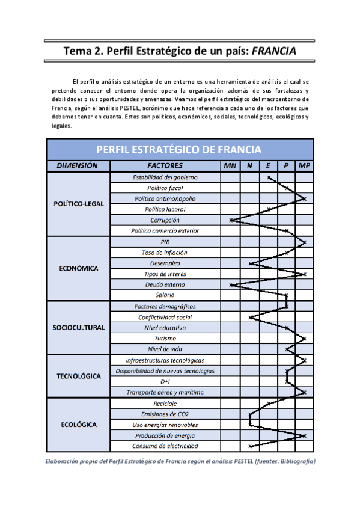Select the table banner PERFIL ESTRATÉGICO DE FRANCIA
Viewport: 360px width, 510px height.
coord(180,149)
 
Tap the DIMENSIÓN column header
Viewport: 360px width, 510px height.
coord(78,165)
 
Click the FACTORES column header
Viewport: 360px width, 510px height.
coord(165,165)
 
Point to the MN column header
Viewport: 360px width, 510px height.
coord(230,165)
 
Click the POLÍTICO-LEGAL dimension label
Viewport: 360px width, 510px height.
coord(78,203)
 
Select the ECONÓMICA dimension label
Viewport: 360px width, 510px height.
coord(78,268)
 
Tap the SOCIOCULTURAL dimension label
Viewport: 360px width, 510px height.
coord(78,327)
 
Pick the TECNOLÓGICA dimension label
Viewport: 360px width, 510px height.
coord(78,376)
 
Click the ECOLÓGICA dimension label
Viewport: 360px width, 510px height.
coord(78,425)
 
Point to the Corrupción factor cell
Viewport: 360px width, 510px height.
coord(165,220)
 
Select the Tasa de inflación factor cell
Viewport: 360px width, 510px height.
coord(165,253)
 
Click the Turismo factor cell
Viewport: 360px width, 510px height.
coord(165,339)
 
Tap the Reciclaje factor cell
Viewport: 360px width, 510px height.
coord(165,403)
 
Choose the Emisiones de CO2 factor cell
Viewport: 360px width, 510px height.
coord(165,414)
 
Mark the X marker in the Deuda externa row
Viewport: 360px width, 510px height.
coord(231,284)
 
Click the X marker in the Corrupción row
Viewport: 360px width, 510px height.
coord(231,220)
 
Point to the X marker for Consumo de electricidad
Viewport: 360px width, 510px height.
coord(249,446)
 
